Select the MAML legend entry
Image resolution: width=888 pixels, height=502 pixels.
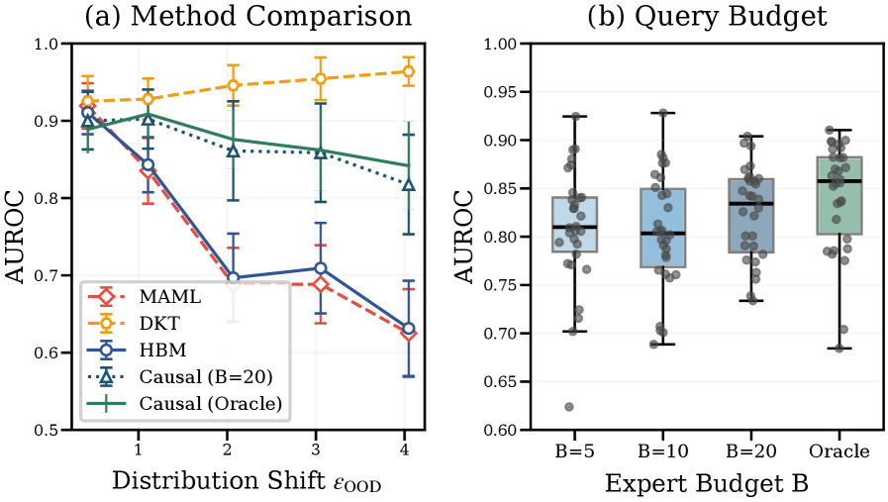[163, 298]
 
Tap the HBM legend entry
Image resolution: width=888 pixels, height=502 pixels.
[159, 351]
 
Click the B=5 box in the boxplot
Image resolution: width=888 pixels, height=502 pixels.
[575, 225]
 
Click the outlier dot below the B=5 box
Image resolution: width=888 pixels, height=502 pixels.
[569, 407]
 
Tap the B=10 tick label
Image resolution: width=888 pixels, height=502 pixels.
[663, 452]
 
